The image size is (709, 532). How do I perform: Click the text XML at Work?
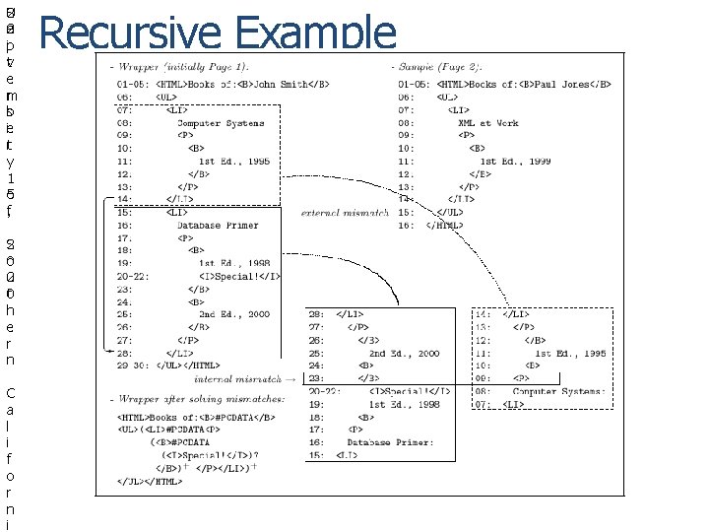pos(487,123)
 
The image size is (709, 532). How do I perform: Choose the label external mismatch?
pos(345,212)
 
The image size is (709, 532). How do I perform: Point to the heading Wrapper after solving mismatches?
pos(197,399)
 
